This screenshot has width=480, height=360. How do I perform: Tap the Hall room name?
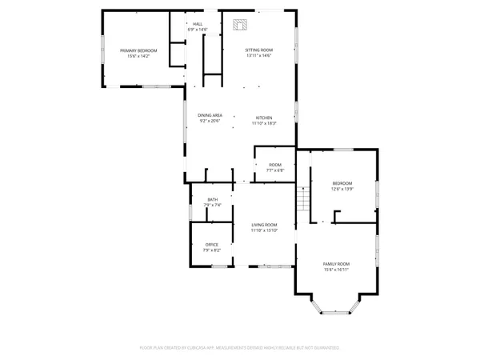(197, 24)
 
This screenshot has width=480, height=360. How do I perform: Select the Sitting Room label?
(258, 50)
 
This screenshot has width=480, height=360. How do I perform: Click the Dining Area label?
(210, 116)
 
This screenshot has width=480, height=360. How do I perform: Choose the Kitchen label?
(264, 116)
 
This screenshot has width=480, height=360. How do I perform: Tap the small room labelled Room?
(274, 165)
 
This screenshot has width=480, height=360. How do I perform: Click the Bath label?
(212, 199)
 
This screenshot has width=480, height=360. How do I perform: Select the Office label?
(211, 244)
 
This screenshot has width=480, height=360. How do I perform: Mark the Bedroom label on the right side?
(342, 183)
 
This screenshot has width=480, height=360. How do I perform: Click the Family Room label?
(336, 264)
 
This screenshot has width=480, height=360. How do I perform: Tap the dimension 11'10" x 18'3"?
(264, 122)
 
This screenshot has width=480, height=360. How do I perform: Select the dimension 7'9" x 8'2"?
(211, 250)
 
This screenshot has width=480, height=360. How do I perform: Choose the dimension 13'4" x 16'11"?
(336, 270)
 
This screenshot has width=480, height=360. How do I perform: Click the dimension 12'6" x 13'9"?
(342, 190)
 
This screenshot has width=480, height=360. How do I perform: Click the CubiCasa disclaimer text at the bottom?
(239, 348)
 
